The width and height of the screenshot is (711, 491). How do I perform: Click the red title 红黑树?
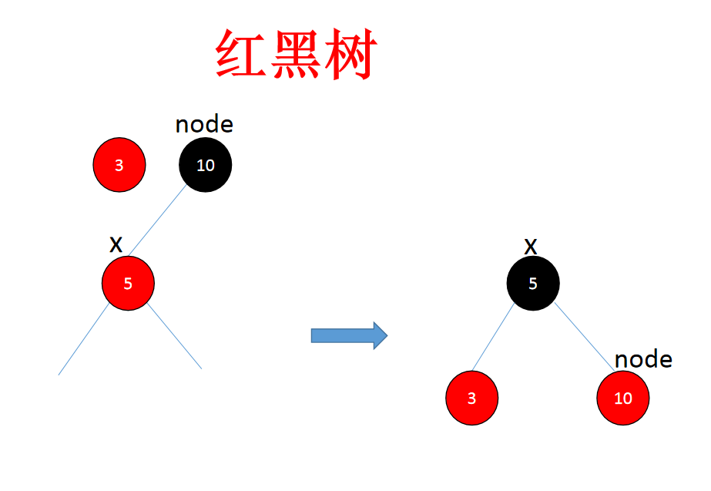click(x=294, y=55)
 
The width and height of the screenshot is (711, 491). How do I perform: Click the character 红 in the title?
click(x=242, y=55)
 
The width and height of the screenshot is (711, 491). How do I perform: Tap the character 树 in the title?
click(x=348, y=55)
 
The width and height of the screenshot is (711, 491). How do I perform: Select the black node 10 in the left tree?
click(x=205, y=165)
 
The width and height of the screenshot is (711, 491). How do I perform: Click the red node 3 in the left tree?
click(x=119, y=165)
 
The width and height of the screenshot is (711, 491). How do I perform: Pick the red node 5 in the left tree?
click(x=128, y=283)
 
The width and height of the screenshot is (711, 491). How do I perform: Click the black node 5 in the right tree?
click(x=532, y=283)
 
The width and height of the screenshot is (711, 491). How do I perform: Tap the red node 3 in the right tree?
click(x=471, y=399)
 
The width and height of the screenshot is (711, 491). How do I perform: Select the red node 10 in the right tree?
click(x=622, y=399)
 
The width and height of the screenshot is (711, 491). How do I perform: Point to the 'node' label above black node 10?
click(x=204, y=124)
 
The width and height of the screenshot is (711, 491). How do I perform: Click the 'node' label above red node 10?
click(x=643, y=359)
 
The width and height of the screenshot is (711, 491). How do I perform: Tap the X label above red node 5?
click(x=116, y=245)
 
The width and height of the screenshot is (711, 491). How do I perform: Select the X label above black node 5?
click(x=530, y=247)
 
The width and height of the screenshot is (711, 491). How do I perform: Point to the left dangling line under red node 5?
click(x=83, y=339)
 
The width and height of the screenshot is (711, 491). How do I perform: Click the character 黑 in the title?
click(x=294, y=55)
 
